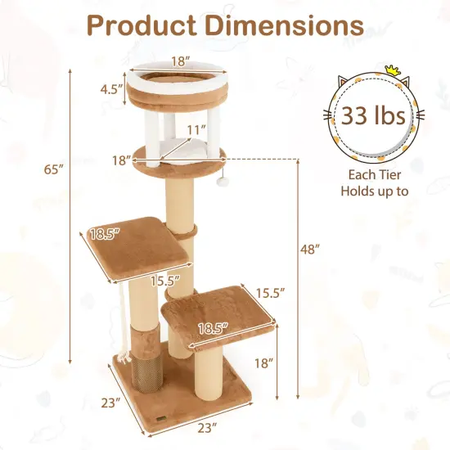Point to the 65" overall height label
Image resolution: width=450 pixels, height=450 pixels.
(x=53, y=170)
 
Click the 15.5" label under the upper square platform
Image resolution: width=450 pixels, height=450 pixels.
(x=165, y=280)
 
